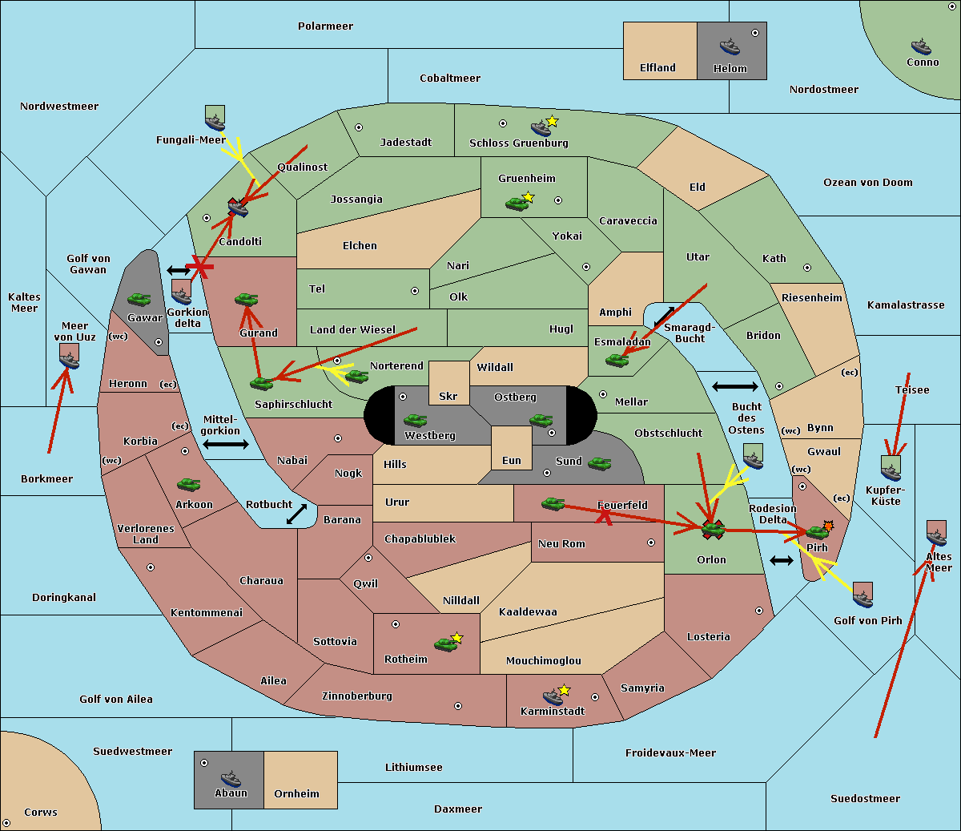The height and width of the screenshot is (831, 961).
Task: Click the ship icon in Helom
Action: (x=730, y=47)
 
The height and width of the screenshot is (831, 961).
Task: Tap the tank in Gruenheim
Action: (x=517, y=204)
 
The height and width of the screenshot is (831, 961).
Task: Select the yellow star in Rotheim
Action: (x=456, y=637)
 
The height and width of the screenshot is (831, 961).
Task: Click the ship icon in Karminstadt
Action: (x=553, y=696)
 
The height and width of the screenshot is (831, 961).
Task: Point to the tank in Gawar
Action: (x=139, y=299)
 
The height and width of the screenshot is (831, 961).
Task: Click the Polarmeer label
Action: (x=325, y=26)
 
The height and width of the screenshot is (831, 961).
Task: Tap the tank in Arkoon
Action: (x=189, y=484)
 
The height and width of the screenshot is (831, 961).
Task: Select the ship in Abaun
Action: (x=231, y=779)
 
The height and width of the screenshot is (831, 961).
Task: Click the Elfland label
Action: (x=657, y=68)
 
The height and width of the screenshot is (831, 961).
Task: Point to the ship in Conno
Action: (x=921, y=46)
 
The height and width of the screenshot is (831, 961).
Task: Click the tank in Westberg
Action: (x=415, y=420)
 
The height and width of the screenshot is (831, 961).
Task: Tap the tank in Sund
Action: (x=599, y=463)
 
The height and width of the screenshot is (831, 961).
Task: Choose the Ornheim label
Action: (x=296, y=793)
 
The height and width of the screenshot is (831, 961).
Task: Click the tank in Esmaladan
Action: (x=617, y=361)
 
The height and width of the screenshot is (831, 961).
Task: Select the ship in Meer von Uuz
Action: (x=70, y=360)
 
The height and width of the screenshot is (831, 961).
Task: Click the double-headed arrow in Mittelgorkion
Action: (x=226, y=444)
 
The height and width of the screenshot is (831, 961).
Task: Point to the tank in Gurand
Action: (x=246, y=299)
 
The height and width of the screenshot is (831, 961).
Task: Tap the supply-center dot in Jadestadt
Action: (x=359, y=127)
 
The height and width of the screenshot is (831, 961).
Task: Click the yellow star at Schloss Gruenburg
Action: (x=552, y=122)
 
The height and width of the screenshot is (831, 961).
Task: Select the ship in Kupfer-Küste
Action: (x=891, y=472)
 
